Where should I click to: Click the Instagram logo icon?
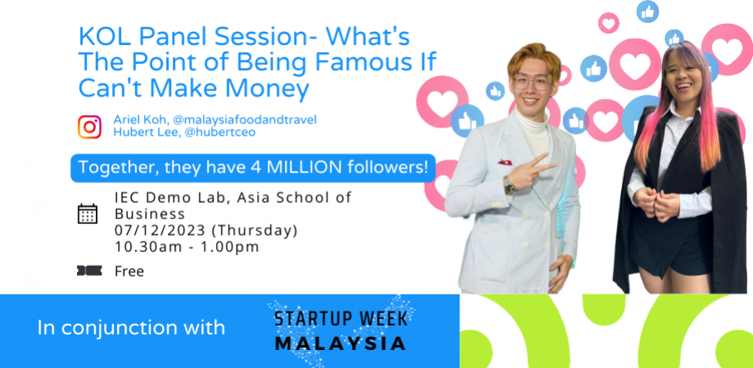click(x=89, y=127)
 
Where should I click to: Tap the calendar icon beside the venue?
click(x=88, y=214)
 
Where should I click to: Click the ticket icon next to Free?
click(x=88, y=271)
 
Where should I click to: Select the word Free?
click(x=129, y=272)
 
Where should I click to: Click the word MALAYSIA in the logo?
click(x=340, y=343)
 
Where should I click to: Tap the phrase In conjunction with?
click(x=131, y=328)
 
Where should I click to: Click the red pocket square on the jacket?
click(x=504, y=163)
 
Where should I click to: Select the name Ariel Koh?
click(x=142, y=119)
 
